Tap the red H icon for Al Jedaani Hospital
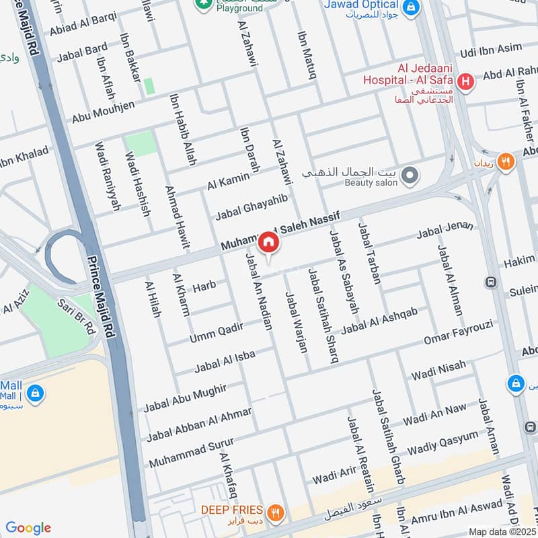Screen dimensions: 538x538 (x=466, y=83)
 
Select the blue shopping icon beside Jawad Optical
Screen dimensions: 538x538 (x=412, y=8)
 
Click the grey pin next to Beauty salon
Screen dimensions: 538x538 (x=410, y=177)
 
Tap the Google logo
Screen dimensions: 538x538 (x=28, y=528)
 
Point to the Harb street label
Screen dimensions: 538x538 (x=204, y=287)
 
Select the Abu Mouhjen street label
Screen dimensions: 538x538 (x=104, y=108)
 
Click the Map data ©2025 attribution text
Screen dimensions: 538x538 (x=501, y=531)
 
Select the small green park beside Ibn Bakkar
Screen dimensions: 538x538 (x=149, y=86)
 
